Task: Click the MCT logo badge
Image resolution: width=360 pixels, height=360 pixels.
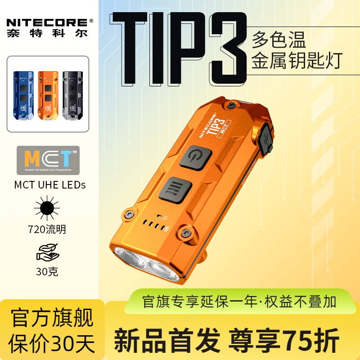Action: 48,160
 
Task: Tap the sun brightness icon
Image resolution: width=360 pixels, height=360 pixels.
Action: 47,209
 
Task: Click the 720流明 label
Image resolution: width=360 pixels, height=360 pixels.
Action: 47,229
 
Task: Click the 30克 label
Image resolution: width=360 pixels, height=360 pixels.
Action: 47,272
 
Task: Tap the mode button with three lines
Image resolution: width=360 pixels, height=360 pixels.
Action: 174,187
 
